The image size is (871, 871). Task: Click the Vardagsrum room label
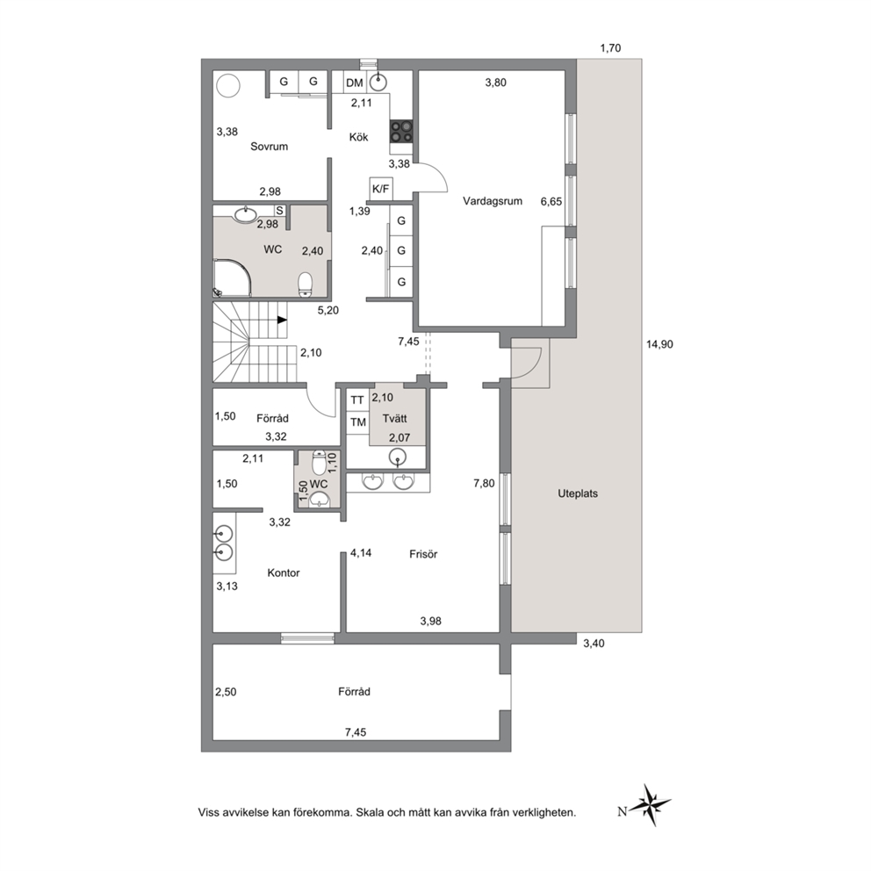pyautogui.click(x=493, y=201)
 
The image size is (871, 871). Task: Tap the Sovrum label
pyautogui.click(x=269, y=147)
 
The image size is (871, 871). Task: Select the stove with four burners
pyautogui.click(x=401, y=131)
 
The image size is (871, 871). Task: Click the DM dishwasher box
pyautogui.click(x=355, y=83)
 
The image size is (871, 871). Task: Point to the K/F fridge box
pyautogui.click(x=380, y=189)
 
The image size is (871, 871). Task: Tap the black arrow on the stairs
pyautogui.click(x=282, y=320)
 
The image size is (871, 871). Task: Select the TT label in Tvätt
pyautogui.click(x=357, y=400)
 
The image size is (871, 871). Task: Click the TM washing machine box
pyautogui.click(x=358, y=422)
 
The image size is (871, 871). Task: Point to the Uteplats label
pyautogui.click(x=578, y=493)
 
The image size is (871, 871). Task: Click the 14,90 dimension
pyautogui.click(x=659, y=344)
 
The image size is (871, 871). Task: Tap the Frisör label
pyautogui.click(x=423, y=554)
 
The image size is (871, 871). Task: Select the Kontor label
pyautogui.click(x=284, y=572)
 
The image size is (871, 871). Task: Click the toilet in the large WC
pyautogui.click(x=305, y=284)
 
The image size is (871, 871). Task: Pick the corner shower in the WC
pyautogui.click(x=234, y=276)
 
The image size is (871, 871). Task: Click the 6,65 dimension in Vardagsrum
pyautogui.click(x=551, y=202)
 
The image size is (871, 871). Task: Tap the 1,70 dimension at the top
pyautogui.click(x=610, y=48)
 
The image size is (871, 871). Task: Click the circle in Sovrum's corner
pyautogui.click(x=227, y=86)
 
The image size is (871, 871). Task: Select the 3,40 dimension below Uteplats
pyautogui.click(x=594, y=644)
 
